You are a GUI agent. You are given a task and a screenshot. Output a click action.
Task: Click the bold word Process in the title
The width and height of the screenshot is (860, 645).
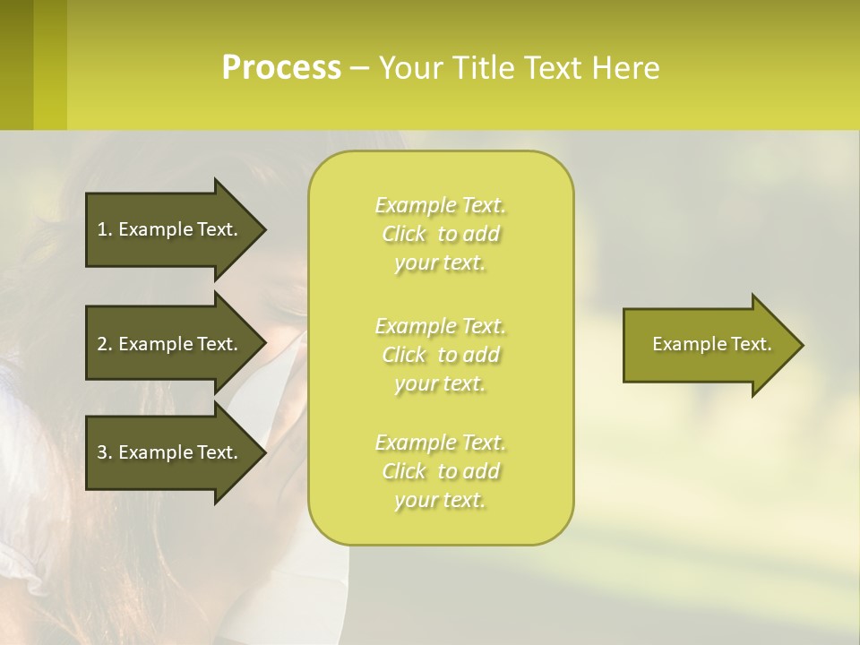[281, 68]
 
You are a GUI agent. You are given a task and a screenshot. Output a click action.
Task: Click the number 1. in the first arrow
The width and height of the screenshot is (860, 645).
[105, 229]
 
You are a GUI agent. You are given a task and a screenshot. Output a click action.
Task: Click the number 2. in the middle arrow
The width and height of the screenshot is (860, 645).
[105, 344]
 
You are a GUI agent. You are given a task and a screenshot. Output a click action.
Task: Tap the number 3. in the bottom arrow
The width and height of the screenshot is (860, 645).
[105, 452]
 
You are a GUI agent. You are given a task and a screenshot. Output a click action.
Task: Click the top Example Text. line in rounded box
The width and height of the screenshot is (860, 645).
[440, 205]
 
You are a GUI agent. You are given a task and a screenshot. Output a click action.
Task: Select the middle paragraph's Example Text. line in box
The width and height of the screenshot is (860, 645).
[440, 325]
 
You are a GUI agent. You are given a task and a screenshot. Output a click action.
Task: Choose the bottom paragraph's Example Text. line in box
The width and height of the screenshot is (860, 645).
[440, 443]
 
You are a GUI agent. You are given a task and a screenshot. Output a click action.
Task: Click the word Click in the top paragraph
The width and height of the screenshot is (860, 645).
[404, 234]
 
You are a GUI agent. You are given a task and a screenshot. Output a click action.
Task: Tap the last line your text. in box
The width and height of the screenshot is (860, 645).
[440, 501]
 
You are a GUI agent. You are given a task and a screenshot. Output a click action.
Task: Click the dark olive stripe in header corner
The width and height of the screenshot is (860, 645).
[16, 64]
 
